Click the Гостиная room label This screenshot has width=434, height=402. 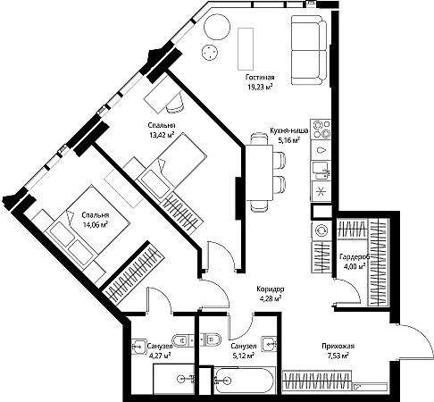(260, 78)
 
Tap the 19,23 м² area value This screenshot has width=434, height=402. (260, 88)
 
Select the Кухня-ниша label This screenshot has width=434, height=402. (289, 130)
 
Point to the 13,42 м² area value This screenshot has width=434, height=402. (162, 135)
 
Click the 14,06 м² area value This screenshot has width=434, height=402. (96, 225)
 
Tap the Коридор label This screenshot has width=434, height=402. (271, 289)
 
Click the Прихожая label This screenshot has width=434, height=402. (338, 346)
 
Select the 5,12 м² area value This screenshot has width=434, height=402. (243, 356)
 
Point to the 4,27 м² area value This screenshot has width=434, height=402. (160, 356)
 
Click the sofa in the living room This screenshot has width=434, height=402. (309, 50)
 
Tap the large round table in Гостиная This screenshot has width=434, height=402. (217, 27)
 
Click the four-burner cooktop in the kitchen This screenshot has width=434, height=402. (321, 130)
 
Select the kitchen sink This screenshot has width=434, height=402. (321, 171)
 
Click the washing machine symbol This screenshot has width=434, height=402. (321, 230)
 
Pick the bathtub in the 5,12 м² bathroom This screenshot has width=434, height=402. (244, 381)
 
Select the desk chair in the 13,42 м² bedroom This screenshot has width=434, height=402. (176, 104)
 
